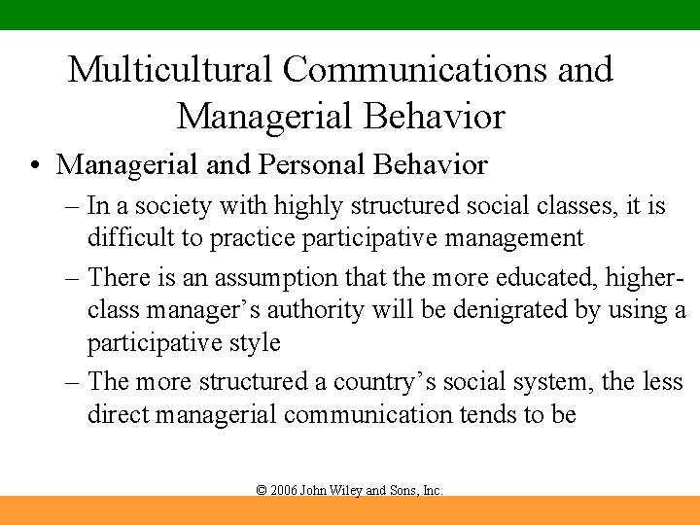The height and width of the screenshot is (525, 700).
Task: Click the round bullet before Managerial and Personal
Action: (x=35, y=166)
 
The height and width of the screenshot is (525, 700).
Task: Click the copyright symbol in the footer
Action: (x=261, y=491)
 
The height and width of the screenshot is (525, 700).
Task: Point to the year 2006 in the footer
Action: (x=283, y=491)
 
